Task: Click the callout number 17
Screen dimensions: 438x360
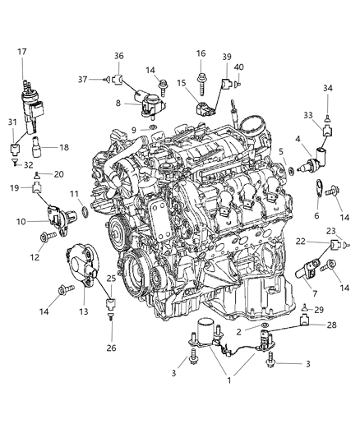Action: [22, 51]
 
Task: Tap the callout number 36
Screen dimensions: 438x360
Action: [118, 56]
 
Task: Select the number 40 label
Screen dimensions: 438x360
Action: [239, 67]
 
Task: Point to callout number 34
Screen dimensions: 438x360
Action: [328, 88]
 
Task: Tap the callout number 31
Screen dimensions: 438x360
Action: [12, 123]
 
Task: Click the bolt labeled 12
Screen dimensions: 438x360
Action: [44, 237]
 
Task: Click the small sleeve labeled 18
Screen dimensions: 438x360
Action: [38, 150]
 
